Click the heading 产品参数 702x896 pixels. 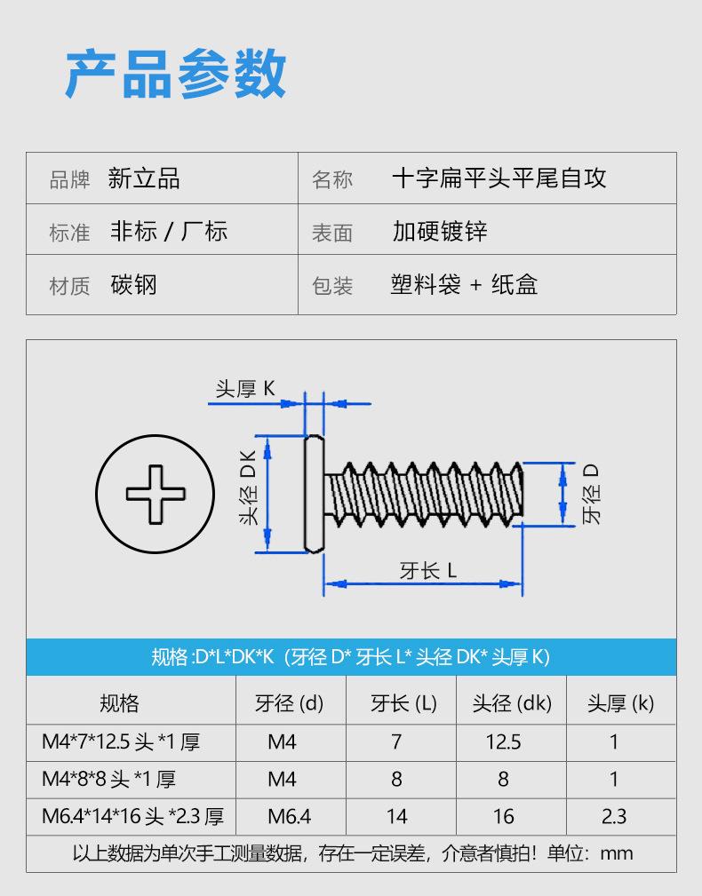176,74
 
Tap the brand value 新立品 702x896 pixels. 144,178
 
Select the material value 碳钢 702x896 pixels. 134,284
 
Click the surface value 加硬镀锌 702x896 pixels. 440,232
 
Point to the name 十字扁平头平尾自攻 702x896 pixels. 499,178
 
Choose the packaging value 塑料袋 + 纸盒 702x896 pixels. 464,284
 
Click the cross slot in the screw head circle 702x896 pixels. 156,495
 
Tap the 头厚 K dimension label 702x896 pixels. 245,389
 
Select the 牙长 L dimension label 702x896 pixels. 428,571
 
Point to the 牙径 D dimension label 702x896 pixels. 591,494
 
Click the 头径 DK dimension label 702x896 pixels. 249,488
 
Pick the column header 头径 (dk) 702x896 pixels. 512,703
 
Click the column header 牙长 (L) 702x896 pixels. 403,703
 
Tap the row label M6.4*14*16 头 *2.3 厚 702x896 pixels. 132,817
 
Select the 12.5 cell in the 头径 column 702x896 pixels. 503,741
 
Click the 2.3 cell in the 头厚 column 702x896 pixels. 614,817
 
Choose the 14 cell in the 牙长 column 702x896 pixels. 396,817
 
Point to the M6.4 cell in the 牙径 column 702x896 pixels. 290,817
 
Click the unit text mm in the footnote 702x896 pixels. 617,853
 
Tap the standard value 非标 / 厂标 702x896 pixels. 169,232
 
